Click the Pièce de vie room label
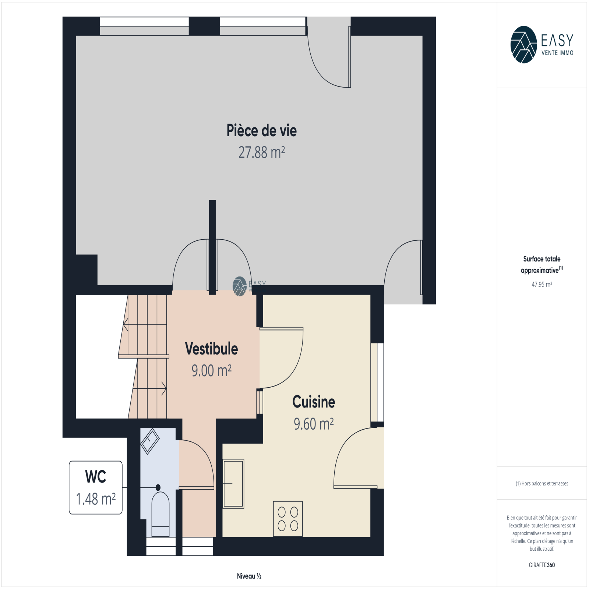tap(261, 131)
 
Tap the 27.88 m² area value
tap(261, 152)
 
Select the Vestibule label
tap(211, 349)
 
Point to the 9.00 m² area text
tap(211, 371)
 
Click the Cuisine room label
tap(314, 402)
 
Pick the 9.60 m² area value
tap(314, 424)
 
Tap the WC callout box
tap(96, 487)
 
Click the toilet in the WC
tap(161, 512)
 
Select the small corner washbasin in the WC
tap(150, 441)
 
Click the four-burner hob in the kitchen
tap(288, 519)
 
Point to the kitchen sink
tap(233, 484)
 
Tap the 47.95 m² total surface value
tap(542, 284)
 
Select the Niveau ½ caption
tap(249, 576)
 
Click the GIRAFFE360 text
tap(542, 565)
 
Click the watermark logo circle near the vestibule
tap(240, 286)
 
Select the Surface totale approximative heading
tap(542, 264)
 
